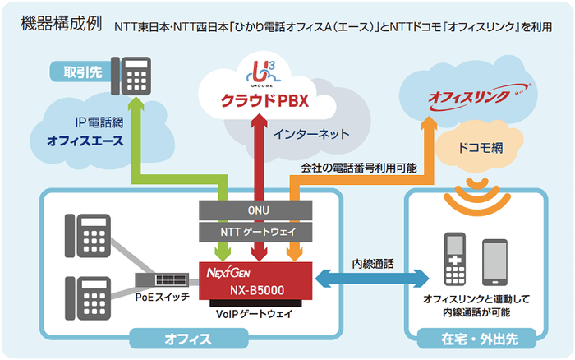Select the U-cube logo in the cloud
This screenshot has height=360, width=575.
pyautogui.click(x=259, y=68)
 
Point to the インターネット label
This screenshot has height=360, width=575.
pyautogui.click(x=311, y=133)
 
